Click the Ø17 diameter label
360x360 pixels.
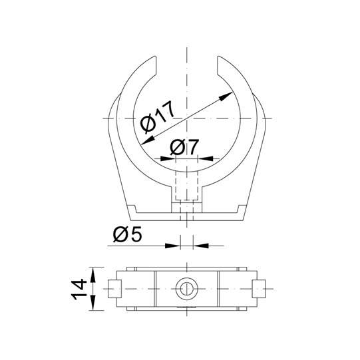(158, 117)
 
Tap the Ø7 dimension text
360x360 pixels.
(184, 147)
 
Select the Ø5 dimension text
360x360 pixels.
(128, 235)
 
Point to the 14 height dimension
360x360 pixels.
(79, 289)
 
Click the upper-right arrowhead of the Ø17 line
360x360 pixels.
(226, 96)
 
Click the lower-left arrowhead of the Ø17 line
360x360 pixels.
(148, 140)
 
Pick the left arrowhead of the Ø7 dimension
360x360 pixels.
(168, 158)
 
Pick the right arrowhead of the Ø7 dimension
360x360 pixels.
(206, 158)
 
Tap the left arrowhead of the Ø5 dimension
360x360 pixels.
(173, 246)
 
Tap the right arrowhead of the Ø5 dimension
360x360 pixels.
(201, 246)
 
